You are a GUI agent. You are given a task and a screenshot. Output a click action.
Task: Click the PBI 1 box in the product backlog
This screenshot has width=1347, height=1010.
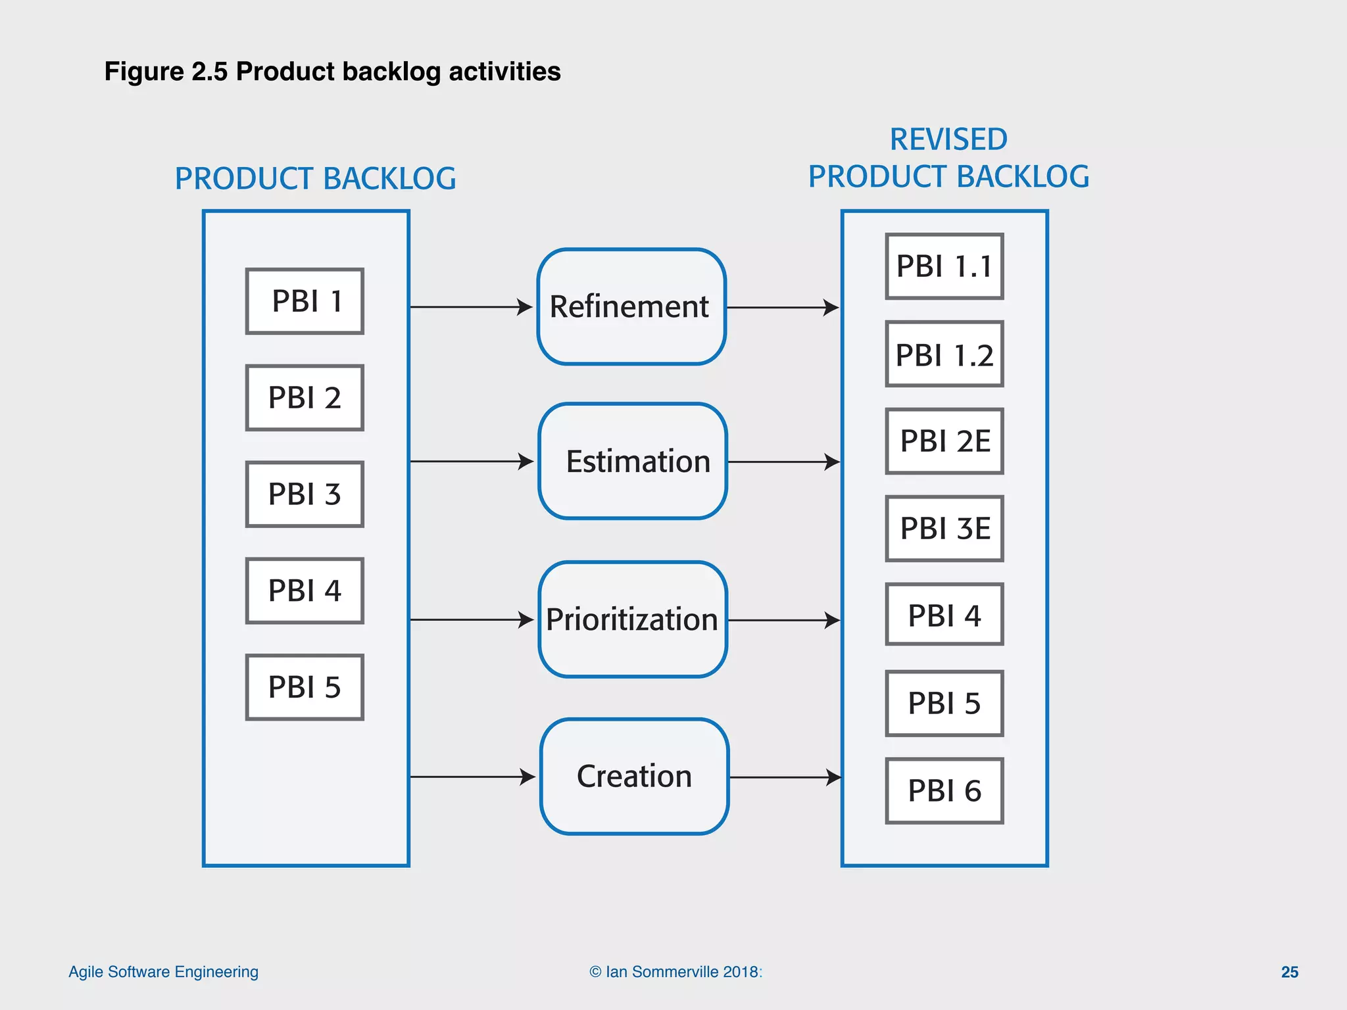305,301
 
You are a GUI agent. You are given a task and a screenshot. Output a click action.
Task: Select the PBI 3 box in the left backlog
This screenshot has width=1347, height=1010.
305,494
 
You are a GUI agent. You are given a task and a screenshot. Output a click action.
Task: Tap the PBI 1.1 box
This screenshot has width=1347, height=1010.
944,266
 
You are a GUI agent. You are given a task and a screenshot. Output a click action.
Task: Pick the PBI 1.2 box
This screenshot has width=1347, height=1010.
944,354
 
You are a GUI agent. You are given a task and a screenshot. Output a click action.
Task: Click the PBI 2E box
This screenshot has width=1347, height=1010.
944,441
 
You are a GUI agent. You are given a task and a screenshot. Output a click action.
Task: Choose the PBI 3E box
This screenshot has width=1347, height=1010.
944,529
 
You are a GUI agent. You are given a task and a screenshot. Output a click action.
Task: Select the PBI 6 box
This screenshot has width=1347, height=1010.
944,790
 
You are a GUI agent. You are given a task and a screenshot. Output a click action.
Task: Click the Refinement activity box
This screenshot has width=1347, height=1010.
631,306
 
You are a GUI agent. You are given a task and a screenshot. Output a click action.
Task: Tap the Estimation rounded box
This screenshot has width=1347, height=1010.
632,461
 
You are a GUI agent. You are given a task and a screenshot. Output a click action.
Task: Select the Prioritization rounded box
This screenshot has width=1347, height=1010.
632,619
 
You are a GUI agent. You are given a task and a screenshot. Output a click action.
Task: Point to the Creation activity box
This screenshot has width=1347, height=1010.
634,777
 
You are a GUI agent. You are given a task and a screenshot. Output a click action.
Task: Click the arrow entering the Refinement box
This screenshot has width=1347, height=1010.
470,307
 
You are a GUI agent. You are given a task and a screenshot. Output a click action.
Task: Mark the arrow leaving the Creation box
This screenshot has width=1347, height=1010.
785,777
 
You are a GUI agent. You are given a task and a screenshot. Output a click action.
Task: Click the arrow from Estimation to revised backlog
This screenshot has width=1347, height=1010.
783,462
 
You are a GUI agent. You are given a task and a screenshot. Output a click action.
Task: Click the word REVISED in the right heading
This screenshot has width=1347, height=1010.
948,139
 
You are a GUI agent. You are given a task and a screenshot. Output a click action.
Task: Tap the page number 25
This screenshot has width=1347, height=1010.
1289,972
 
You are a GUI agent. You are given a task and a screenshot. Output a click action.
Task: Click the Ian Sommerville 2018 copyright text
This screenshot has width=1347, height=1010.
675,972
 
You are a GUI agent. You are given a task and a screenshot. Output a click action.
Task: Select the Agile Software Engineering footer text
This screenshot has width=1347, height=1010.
163,972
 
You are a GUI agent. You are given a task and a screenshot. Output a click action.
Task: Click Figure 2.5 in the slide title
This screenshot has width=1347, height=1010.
166,71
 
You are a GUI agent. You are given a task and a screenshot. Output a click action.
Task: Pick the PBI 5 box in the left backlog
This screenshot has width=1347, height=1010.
305,687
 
